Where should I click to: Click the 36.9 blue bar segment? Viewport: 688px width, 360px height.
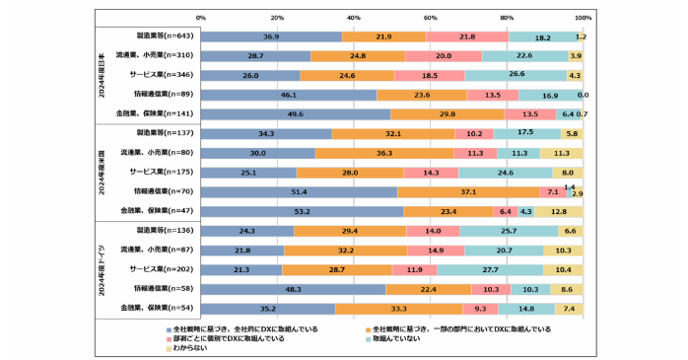(x=271, y=36)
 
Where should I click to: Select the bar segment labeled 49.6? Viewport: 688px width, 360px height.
(x=296, y=113)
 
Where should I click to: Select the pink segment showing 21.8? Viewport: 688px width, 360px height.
(x=467, y=36)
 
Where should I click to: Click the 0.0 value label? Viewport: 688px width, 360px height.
(x=582, y=95)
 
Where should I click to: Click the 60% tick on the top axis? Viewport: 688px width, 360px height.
(x=430, y=18)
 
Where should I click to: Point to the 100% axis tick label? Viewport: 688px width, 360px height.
(x=583, y=18)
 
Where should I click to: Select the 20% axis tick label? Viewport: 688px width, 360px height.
(x=277, y=18)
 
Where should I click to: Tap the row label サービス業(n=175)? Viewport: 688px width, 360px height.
(x=162, y=172)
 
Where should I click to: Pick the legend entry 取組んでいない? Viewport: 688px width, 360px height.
(x=399, y=337)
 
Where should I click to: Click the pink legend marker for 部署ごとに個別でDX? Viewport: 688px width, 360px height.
(x=167, y=337)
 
